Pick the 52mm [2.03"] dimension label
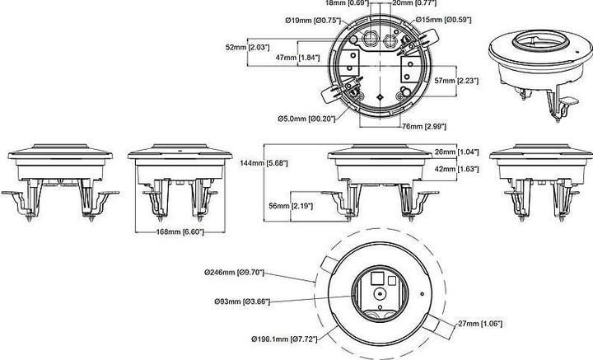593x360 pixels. click(x=250, y=47)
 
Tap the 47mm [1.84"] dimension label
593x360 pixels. click(x=299, y=57)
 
